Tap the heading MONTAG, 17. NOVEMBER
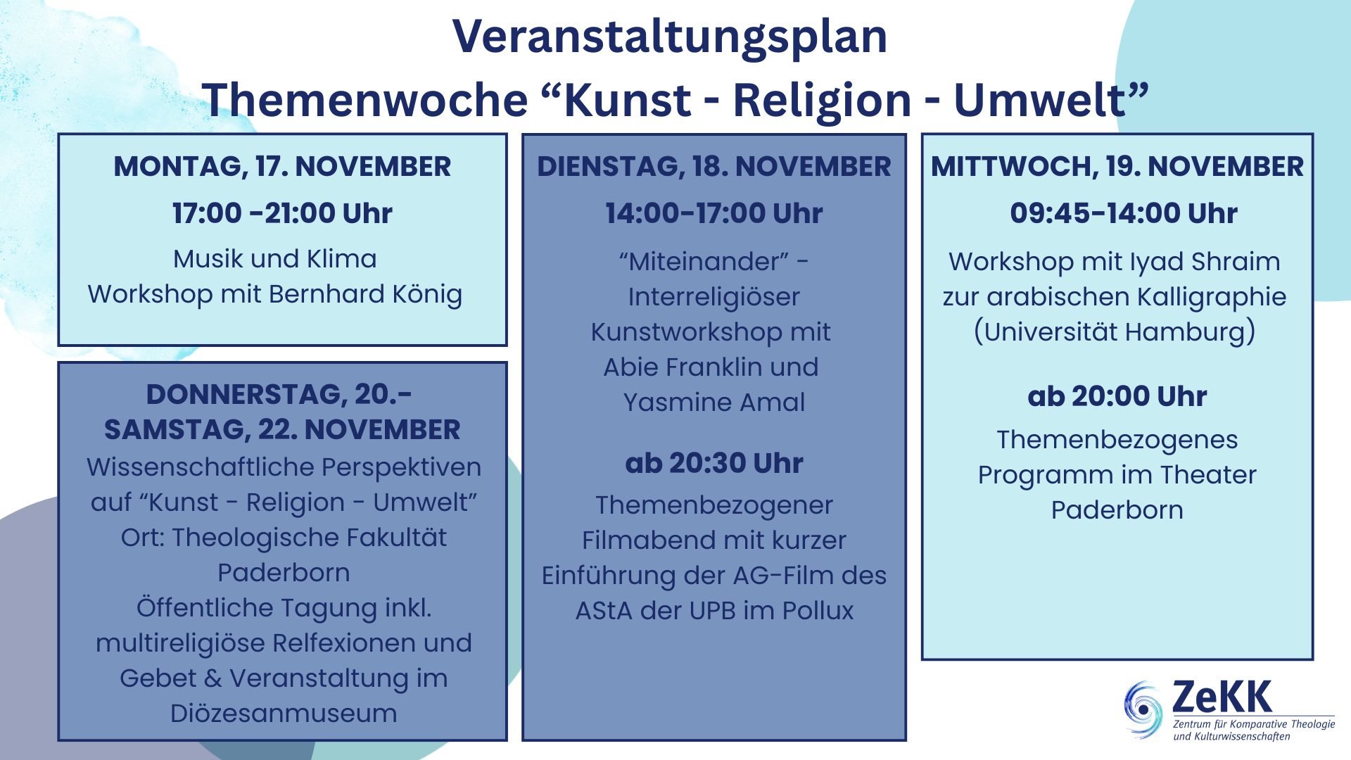[x=282, y=167]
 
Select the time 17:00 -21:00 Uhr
[x=282, y=213]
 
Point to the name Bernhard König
[x=365, y=295]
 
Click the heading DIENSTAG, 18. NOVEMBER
[x=714, y=167]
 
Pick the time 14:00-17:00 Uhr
[x=714, y=213]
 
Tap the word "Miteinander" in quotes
[x=704, y=261]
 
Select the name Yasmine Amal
[x=714, y=402]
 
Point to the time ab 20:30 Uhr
[x=714, y=463]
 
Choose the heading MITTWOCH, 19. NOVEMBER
[x=1117, y=167]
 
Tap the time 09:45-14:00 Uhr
[x=1124, y=213]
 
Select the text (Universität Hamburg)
[x=1115, y=331]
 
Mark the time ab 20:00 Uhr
[x=1117, y=396]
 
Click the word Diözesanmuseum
[x=284, y=713]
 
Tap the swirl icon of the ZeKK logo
[x=1143, y=709]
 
